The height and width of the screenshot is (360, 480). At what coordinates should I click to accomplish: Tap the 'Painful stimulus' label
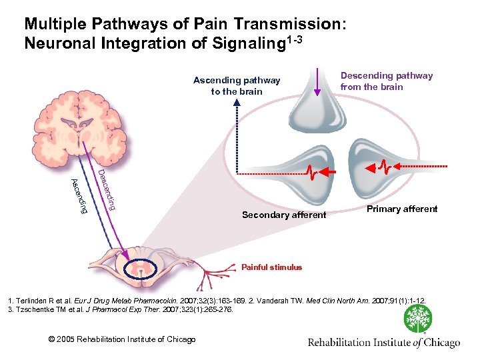coord(271,267)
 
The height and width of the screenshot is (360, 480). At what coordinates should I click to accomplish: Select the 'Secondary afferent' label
coord(284,215)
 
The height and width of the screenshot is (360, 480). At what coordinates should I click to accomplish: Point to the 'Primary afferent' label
coord(403,209)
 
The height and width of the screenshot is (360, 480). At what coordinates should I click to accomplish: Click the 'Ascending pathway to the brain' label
coord(237,86)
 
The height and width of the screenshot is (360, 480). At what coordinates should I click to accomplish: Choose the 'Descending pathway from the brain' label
coord(386,81)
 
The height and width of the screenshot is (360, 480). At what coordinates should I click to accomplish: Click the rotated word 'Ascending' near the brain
coord(79,197)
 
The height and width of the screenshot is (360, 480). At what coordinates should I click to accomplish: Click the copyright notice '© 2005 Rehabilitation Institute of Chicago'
coord(123,340)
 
